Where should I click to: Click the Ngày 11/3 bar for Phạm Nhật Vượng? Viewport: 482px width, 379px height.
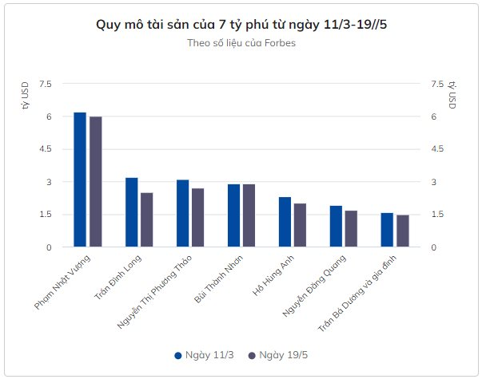click(80, 180)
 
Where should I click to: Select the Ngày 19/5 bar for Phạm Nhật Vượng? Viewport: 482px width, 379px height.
click(95, 182)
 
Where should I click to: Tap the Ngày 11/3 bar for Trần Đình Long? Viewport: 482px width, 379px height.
click(131, 212)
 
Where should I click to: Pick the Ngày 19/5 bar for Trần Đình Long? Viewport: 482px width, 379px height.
click(146, 220)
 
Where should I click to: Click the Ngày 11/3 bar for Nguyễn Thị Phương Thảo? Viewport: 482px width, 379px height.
click(182, 213)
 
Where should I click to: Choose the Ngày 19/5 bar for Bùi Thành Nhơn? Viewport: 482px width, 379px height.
click(249, 215)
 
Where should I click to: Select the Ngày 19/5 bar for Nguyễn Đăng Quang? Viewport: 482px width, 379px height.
click(351, 229)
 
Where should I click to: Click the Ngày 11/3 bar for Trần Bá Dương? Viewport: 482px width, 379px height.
click(387, 230)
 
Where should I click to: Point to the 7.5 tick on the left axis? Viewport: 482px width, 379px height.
click(45, 84)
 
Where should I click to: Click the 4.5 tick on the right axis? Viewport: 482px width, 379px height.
click(436, 149)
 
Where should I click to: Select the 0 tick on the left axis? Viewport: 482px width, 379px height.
click(48, 247)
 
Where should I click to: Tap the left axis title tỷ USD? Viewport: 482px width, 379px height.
click(26, 96)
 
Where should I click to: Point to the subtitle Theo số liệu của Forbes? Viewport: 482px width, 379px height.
click(241, 43)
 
